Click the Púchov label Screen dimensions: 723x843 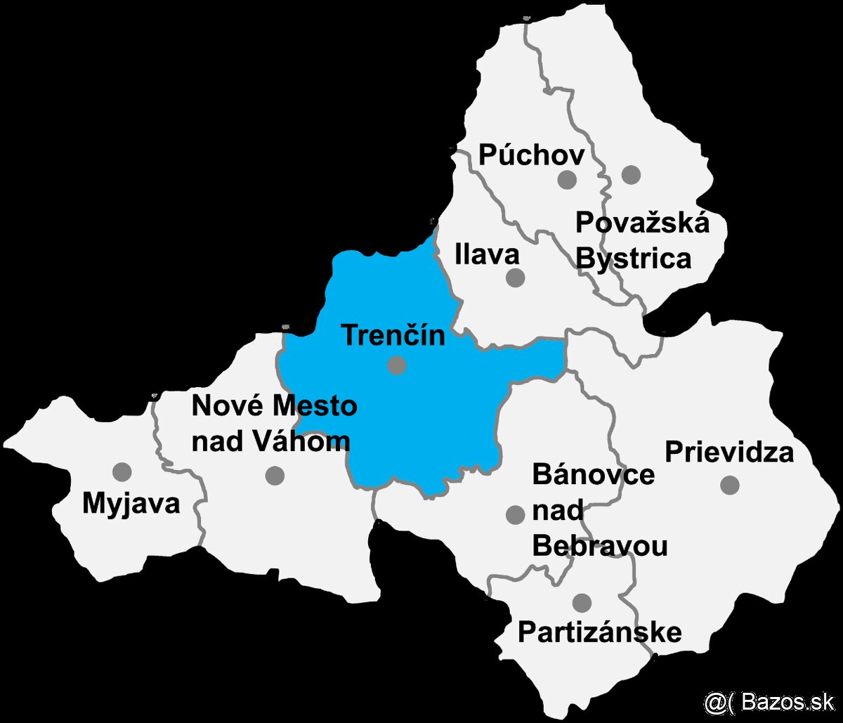(x=530, y=155)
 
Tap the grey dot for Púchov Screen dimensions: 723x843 (x=567, y=180)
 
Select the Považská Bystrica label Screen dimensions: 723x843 (x=641, y=240)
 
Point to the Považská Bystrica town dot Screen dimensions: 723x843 (x=631, y=174)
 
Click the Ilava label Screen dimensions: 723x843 (x=487, y=254)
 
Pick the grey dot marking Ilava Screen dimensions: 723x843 (x=516, y=278)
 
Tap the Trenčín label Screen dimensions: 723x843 (x=393, y=336)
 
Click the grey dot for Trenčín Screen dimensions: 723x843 (x=397, y=365)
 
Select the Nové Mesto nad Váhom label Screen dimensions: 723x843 (x=274, y=423)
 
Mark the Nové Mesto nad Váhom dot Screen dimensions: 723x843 (x=275, y=476)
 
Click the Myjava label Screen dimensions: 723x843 (x=131, y=504)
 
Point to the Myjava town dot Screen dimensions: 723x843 (x=122, y=471)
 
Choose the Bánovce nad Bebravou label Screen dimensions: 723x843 (x=599, y=510)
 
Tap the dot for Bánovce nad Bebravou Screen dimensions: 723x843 (x=516, y=515)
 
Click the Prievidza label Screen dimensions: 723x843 (x=729, y=452)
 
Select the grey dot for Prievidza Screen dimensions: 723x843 (x=730, y=484)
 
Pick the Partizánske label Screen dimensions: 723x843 (x=599, y=632)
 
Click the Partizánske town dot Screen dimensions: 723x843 (x=582, y=602)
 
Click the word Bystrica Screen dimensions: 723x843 (x=634, y=259)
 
